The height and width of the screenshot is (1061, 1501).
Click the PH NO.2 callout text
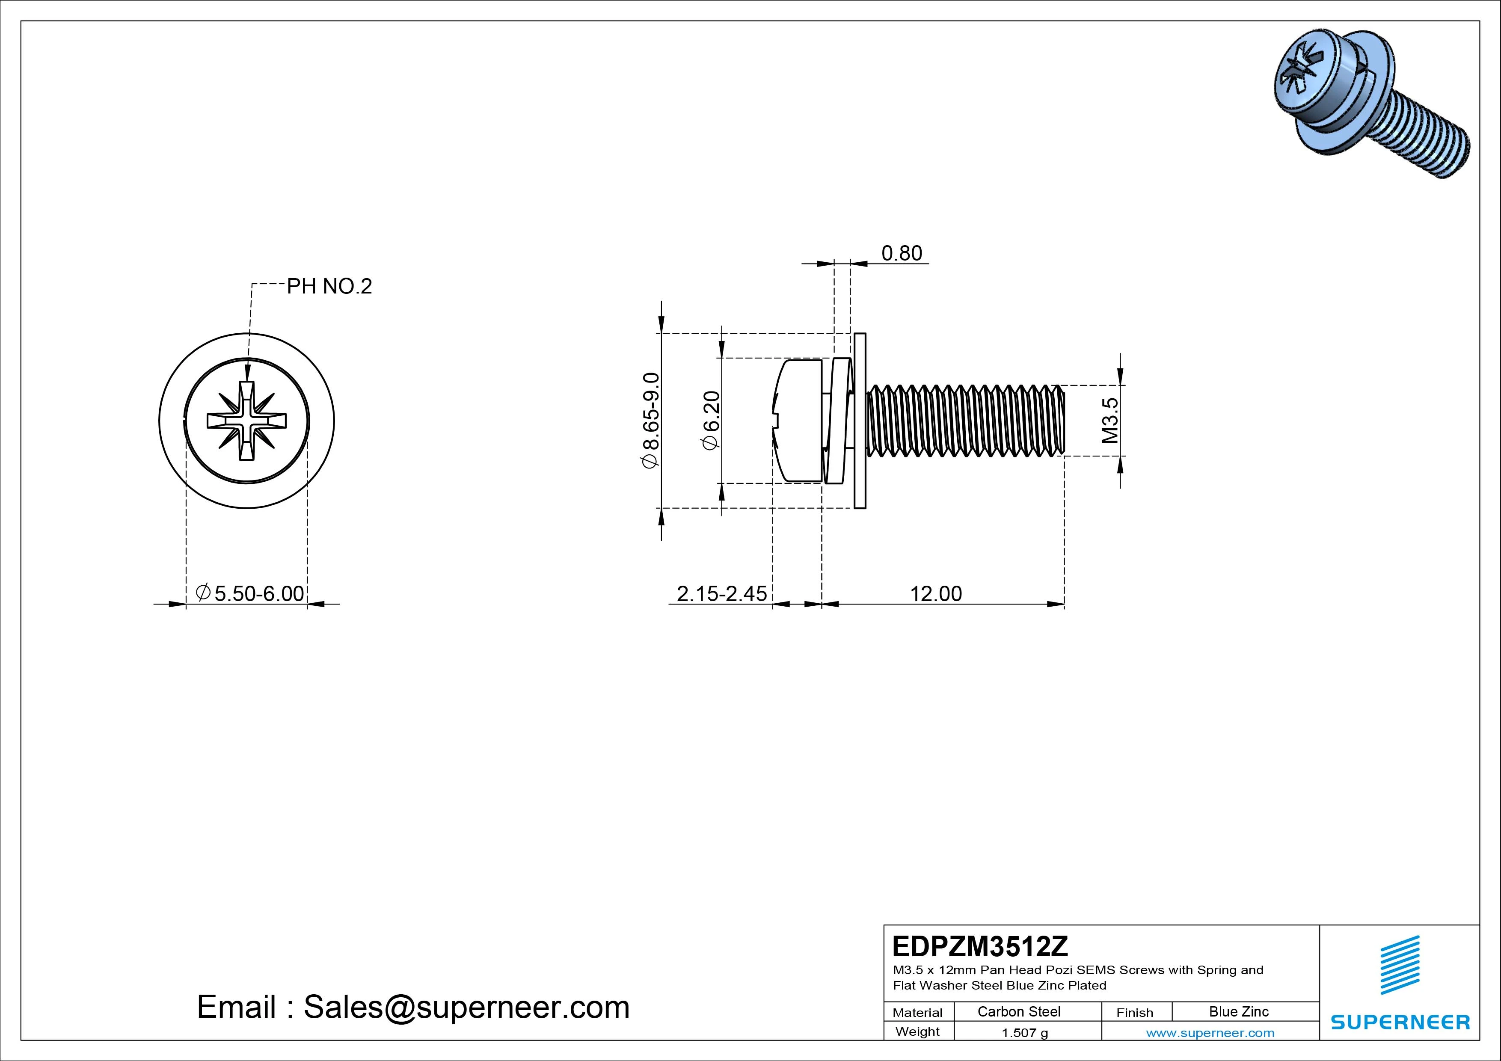(329, 286)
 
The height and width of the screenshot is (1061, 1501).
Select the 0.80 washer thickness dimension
(902, 253)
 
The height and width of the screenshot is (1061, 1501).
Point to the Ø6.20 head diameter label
(711, 421)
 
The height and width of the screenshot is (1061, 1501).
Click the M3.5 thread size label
(1110, 421)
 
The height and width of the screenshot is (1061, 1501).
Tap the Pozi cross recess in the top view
(246, 421)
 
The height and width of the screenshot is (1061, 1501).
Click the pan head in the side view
(798, 421)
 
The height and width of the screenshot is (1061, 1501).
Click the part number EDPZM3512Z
(980, 946)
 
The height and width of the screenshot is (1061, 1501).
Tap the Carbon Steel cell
(1018, 1012)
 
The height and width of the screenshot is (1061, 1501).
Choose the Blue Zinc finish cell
(1238, 1012)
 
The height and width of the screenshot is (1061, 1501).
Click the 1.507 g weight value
(1024, 1033)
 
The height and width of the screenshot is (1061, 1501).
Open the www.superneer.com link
(1210, 1033)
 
